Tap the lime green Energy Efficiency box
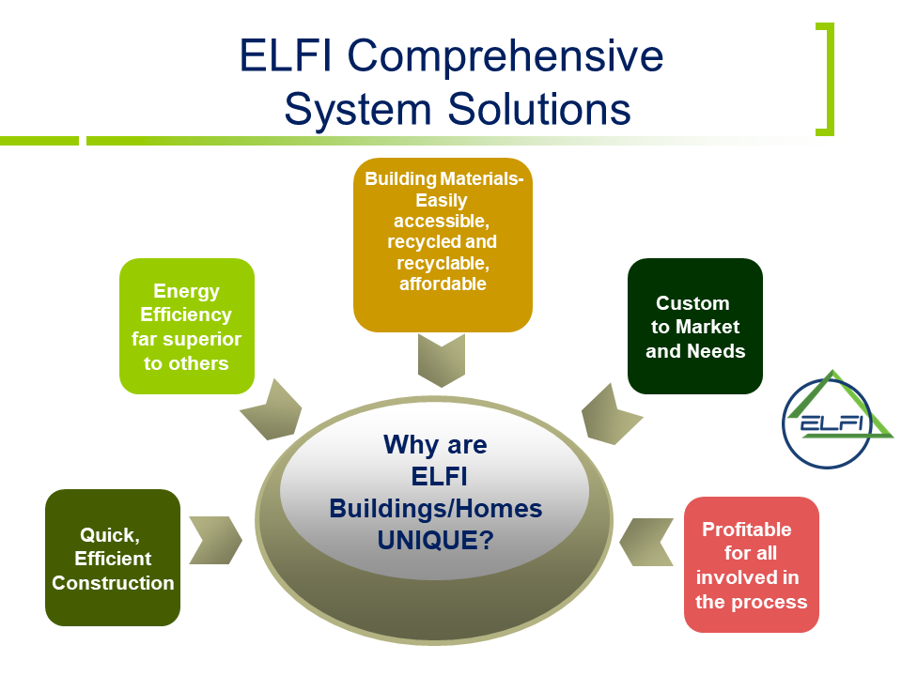click(187, 326)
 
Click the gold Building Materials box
click(443, 244)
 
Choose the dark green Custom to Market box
click(695, 326)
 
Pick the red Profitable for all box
click(752, 564)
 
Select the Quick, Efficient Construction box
click(113, 558)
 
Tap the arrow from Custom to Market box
click(611, 413)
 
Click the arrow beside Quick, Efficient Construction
click(215, 541)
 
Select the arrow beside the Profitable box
click(646, 542)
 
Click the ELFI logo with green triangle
click(837, 419)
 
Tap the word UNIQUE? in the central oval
click(435, 541)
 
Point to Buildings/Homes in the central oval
click(435, 508)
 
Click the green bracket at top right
click(825, 80)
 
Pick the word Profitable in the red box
click(747, 530)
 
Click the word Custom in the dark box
click(692, 303)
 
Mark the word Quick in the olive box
click(109, 534)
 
